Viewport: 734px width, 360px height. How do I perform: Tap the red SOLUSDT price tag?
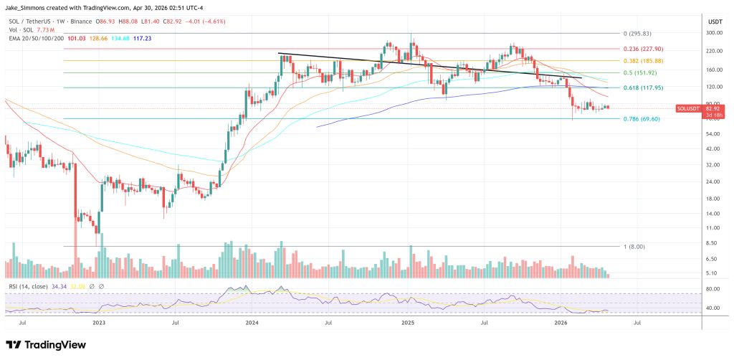click(x=692, y=109)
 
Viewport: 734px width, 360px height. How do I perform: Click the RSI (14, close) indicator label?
click(x=29, y=286)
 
